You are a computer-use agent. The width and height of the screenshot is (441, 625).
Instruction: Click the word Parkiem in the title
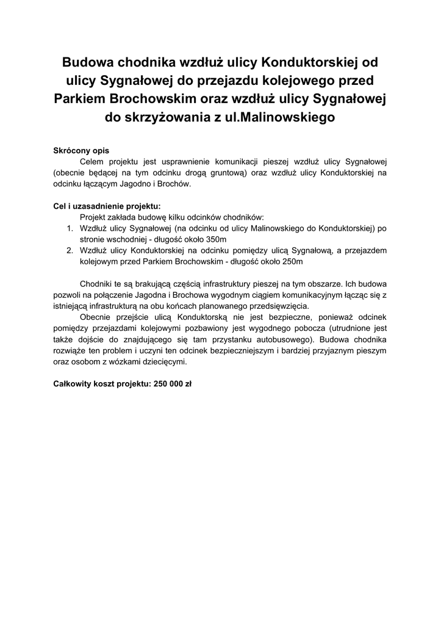82,98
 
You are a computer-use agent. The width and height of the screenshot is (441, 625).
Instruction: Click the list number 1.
70,228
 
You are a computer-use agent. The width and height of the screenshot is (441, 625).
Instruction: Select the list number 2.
70,250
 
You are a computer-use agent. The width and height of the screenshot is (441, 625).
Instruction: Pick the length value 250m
289,261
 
